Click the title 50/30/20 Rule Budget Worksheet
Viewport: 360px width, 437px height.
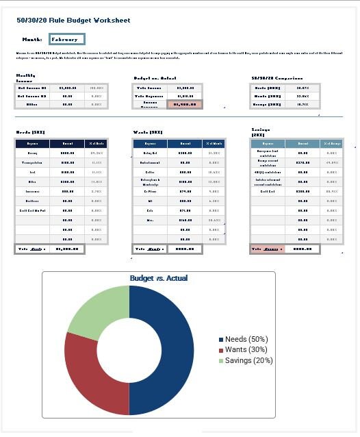[x=73, y=21]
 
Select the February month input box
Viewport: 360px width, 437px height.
[x=66, y=40]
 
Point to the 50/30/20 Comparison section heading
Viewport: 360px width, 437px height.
[x=277, y=78]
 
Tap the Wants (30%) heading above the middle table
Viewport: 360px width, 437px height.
[x=148, y=132]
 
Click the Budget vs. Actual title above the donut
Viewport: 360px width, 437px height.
[x=158, y=278]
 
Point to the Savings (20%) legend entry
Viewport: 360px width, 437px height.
[x=246, y=360]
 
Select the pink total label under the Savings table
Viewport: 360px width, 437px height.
[x=267, y=249]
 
